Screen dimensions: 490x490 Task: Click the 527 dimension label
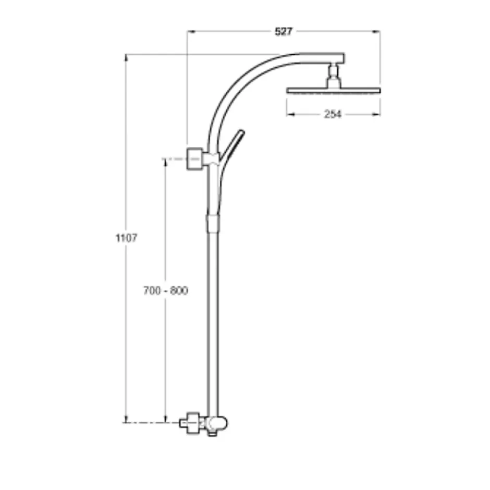[284, 32]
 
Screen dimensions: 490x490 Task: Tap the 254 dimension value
[333, 114]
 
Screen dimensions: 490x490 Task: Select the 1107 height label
[126, 238]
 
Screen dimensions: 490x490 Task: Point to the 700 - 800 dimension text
[166, 291]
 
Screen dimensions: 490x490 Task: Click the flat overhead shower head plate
[334, 91]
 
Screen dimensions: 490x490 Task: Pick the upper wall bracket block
[194, 159]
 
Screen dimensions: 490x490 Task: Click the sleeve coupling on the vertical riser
[213, 223]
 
